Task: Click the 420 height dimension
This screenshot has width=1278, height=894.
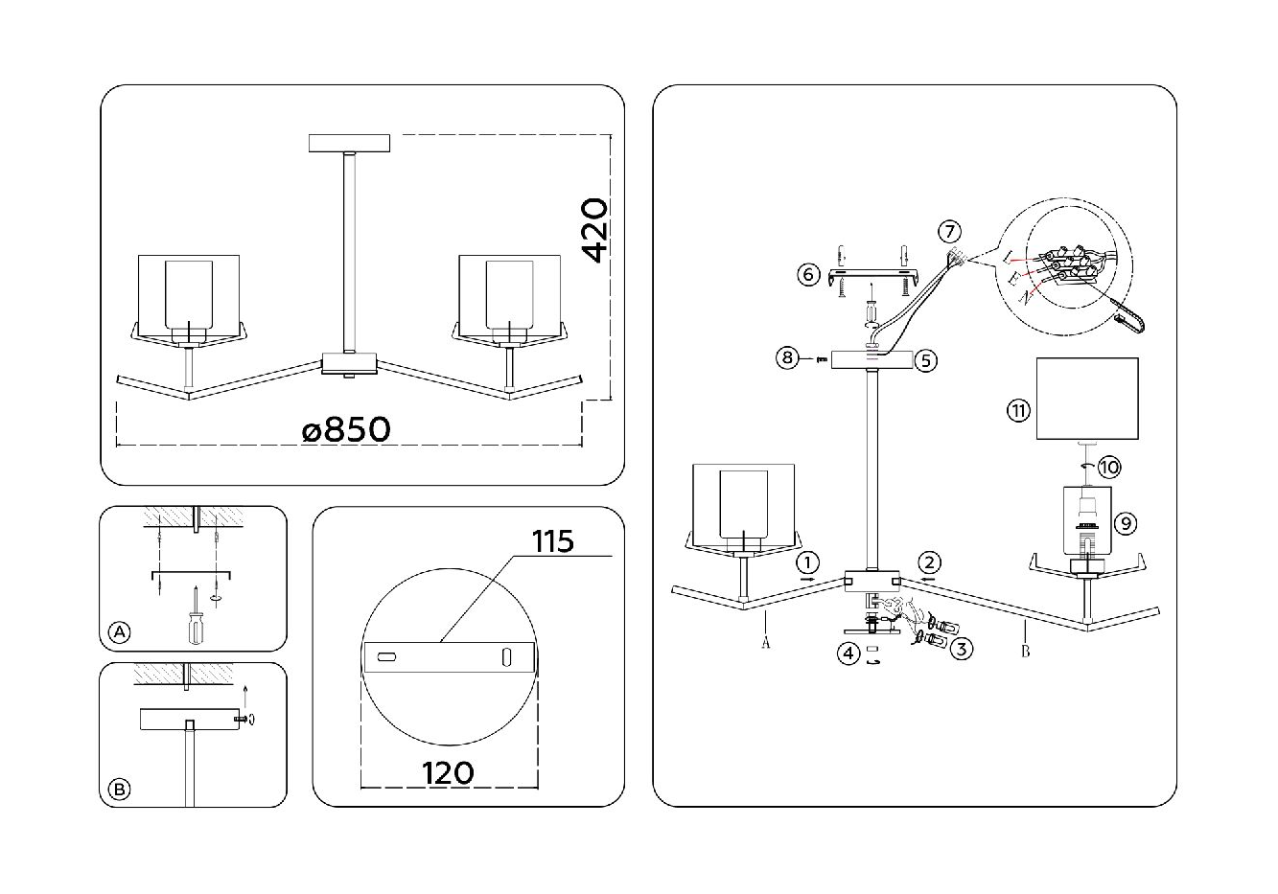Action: [x=593, y=230]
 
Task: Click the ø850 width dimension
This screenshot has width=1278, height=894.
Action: [x=346, y=430]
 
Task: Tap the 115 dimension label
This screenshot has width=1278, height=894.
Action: [x=552, y=541]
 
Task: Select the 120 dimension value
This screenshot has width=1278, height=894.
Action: [x=448, y=773]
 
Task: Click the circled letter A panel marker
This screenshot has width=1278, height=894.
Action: [x=120, y=631]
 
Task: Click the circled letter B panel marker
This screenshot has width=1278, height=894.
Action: [x=120, y=790]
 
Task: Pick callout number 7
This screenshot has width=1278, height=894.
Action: [x=949, y=232]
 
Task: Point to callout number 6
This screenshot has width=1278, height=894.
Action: [x=808, y=275]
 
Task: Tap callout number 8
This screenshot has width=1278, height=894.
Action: [x=787, y=358]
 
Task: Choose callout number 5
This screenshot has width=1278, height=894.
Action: [x=925, y=360]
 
